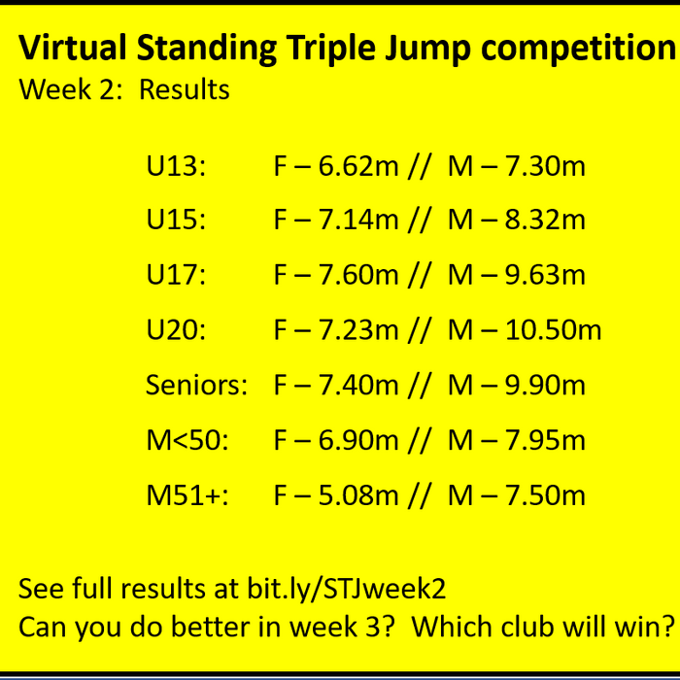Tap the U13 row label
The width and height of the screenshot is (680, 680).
pyautogui.click(x=176, y=166)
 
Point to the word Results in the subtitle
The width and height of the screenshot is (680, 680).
pyautogui.click(x=185, y=90)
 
